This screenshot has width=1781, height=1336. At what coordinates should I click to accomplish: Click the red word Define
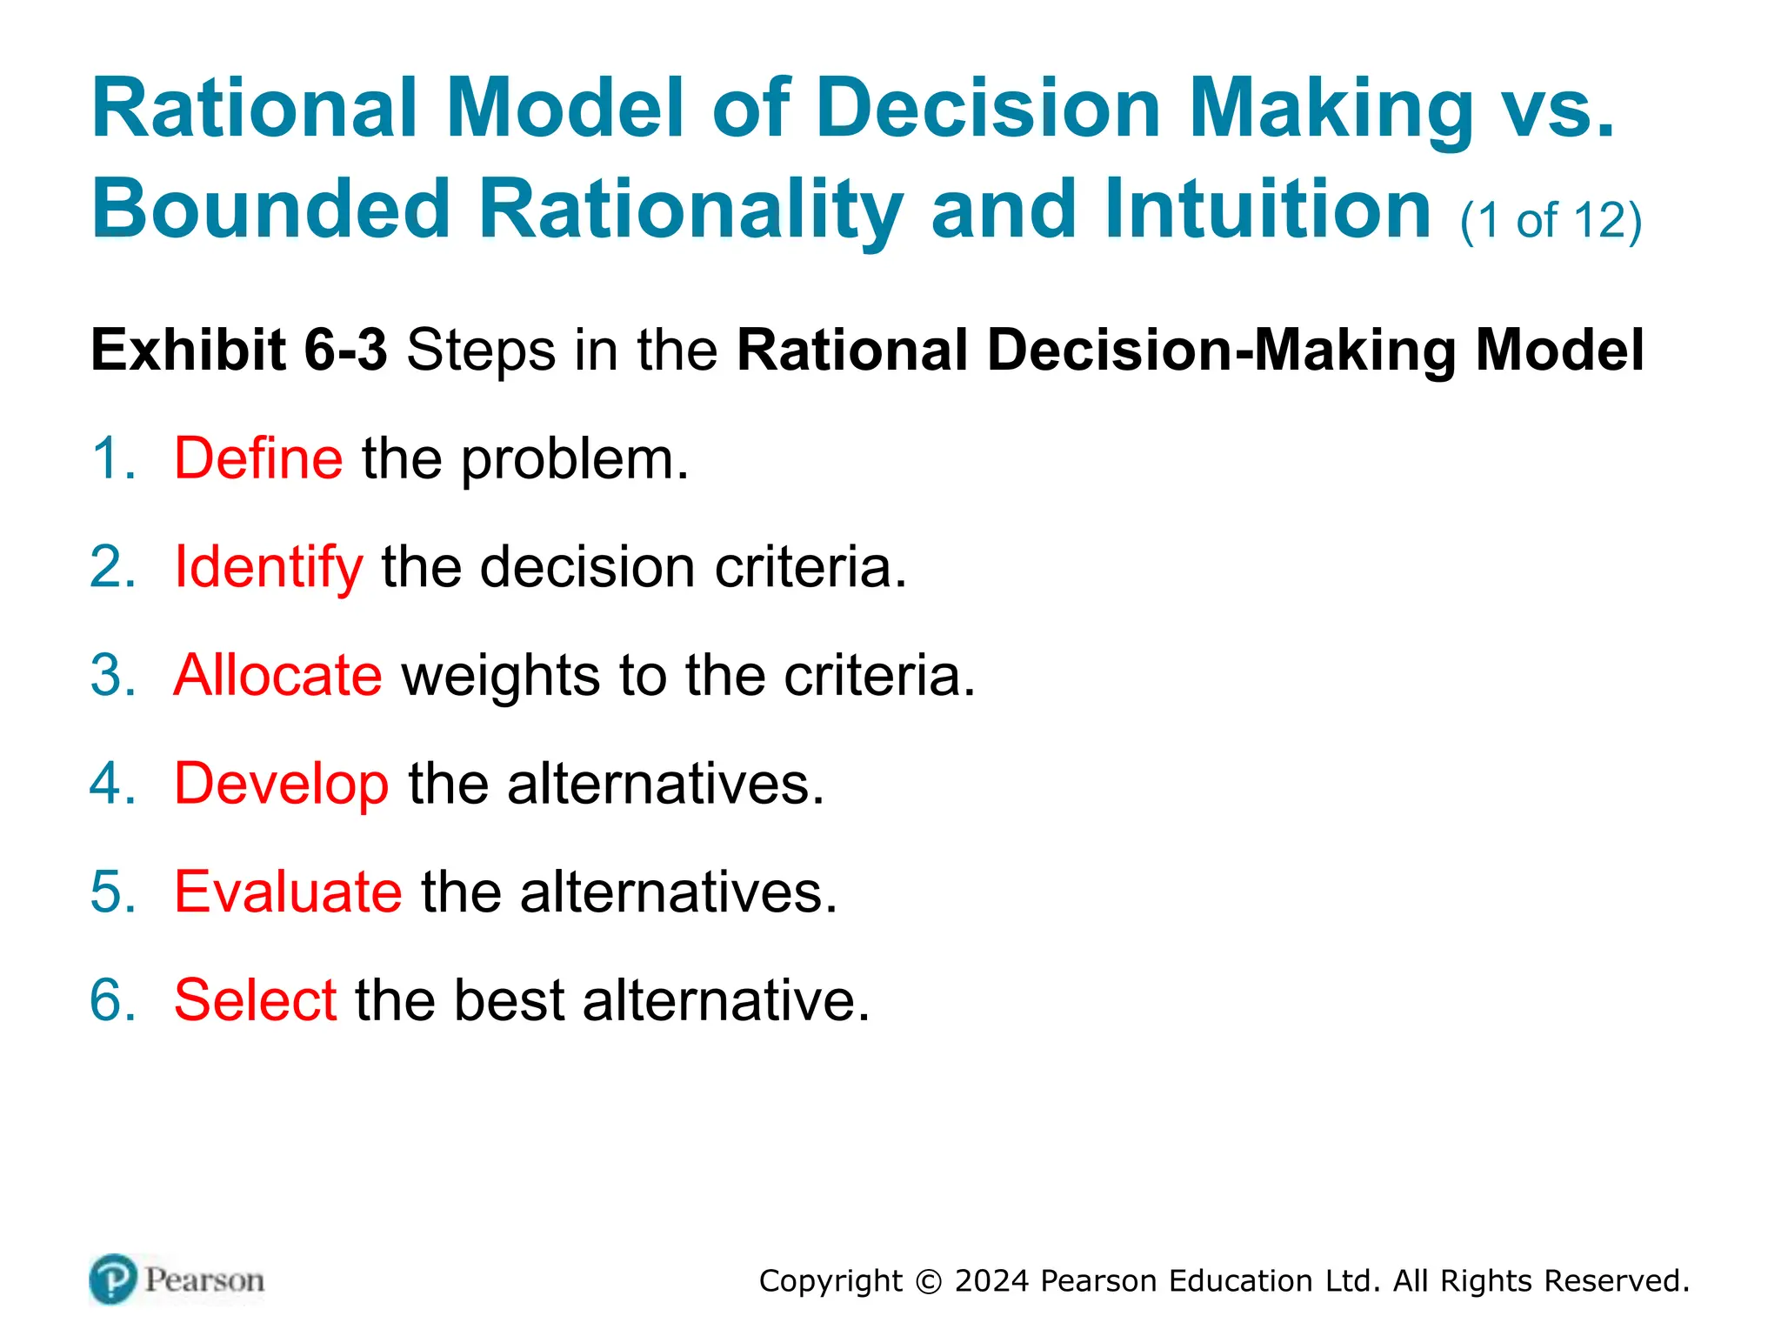[x=258, y=458]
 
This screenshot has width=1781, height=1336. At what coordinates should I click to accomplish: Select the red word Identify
[x=268, y=567]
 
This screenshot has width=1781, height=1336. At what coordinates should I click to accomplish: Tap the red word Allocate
[x=277, y=675]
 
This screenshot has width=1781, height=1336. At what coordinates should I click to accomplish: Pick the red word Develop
[x=281, y=784]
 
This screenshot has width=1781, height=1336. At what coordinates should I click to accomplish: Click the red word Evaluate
[x=288, y=892]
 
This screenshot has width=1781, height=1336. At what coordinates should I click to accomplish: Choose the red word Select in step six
[x=255, y=1000]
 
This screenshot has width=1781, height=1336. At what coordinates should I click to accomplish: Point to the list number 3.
[x=112, y=675]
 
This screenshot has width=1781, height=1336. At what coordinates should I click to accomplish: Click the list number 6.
[x=112, y=1000]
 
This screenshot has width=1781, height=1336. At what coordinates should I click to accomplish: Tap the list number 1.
[x=112, y=458]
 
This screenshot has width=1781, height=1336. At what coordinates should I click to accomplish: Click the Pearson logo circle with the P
[x=113, y=1279]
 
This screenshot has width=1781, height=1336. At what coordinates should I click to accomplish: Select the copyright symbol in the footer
[x=929, y=1282]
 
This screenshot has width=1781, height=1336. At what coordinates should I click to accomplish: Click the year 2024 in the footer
[x=991, y=1281]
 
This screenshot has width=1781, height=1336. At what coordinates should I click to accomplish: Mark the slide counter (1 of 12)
[x=1551, y=220]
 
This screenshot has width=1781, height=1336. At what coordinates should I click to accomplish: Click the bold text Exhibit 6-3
[x=238, y=350]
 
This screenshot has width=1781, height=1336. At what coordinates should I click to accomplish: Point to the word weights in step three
[x=500, y=675]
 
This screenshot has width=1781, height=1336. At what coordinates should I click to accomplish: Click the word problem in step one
[x=574, y=460]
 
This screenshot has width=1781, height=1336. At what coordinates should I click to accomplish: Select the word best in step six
[x=509, y=1000]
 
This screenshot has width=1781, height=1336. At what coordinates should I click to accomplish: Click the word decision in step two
[x=588, y=567]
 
